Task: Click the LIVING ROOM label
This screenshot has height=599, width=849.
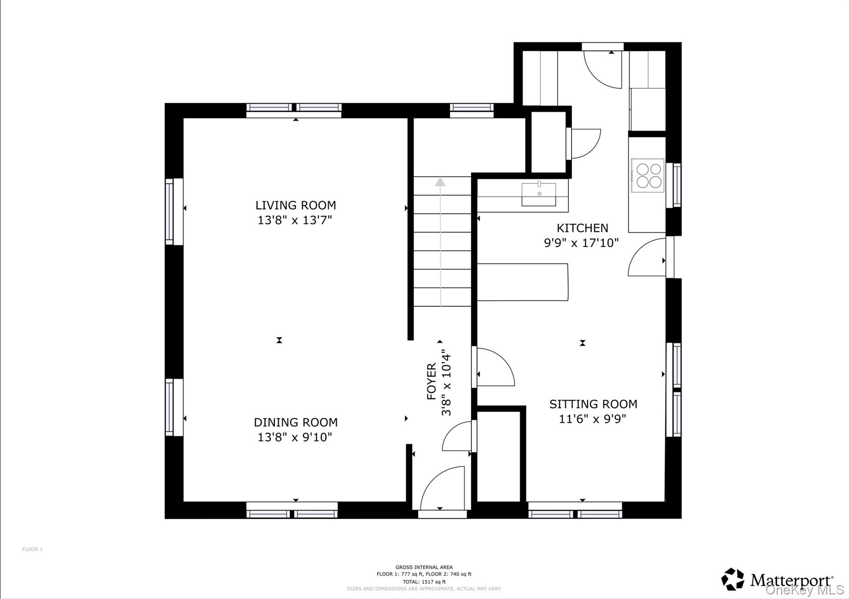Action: (296, 205)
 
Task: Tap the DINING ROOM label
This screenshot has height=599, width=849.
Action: (296, 422)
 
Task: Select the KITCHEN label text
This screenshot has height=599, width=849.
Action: (582, 228)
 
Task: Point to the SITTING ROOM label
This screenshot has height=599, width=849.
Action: (593, 404)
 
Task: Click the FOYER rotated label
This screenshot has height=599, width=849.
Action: (432, 381)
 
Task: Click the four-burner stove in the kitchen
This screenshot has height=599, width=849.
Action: (648, 176)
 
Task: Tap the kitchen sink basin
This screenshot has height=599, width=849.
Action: (539, 194)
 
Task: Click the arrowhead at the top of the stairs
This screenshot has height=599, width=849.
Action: (440, 181)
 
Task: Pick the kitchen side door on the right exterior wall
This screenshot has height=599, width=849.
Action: (647, 257)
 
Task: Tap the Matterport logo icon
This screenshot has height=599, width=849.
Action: (733, 579)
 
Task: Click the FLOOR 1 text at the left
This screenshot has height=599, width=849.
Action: (32, 549)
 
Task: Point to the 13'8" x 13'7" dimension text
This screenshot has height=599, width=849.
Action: (295, 220)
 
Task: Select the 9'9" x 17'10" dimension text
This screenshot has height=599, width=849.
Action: (581, 243)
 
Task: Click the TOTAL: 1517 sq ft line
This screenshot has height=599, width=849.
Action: (424, 582)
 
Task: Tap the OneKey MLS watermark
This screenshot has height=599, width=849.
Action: (805, 590)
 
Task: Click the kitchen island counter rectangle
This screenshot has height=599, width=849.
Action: (522, 282)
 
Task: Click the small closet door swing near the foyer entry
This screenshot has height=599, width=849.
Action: (457, 436)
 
